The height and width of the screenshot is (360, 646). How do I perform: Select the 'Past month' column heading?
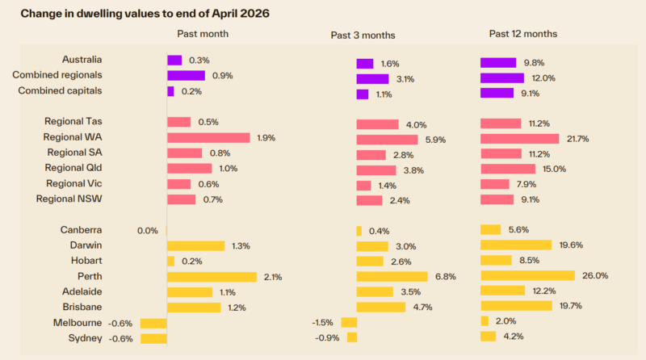pos(203,34)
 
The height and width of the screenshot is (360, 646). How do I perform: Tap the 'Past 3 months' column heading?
pos(363,35)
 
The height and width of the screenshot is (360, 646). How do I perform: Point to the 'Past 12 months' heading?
pos(522,34)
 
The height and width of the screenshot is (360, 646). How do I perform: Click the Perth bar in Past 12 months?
pos(527,276)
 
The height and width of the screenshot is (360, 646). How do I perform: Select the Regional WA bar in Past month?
pos(208,138)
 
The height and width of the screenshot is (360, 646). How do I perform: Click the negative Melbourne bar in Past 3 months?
pos(349,322)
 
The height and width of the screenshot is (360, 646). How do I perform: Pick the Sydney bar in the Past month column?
pos(153,338)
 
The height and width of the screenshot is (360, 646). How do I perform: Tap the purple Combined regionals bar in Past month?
pos(186,75)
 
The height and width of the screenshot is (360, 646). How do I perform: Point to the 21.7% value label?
pos(578,139)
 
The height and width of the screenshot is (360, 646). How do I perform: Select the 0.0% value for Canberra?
pos(147,231)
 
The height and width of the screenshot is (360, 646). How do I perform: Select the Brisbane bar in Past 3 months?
pos(381,307)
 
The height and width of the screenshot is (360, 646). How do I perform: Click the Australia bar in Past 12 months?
pos(498,63)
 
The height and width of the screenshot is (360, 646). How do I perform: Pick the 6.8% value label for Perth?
pos(446,276)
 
